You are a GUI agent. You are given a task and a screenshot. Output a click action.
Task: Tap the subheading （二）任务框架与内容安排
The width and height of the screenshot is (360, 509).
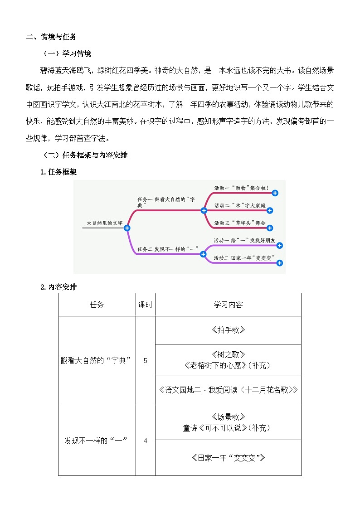85,155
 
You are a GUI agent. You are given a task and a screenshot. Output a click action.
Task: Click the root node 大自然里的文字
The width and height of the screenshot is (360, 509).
104,223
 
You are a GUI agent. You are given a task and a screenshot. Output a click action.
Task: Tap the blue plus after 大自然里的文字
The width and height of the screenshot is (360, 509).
127,228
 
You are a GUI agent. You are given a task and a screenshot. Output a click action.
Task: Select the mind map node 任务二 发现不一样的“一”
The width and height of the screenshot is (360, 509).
168,248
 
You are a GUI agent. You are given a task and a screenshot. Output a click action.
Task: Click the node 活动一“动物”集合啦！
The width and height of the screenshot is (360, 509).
241,188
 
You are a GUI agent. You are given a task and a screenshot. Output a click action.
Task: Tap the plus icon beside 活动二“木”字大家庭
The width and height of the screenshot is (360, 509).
270,210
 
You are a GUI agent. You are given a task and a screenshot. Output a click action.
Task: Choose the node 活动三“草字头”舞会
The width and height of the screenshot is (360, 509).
240,223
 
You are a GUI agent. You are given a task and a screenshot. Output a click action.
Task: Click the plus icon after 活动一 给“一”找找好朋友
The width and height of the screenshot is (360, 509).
279,245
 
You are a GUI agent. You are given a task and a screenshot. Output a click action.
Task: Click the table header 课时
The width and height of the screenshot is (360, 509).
145,305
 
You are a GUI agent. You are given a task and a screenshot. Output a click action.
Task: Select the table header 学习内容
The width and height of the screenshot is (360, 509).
228,305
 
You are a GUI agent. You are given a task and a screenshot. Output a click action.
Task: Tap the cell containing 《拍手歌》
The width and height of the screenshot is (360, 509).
228,330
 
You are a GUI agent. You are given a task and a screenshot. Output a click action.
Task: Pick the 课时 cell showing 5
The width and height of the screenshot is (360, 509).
145,360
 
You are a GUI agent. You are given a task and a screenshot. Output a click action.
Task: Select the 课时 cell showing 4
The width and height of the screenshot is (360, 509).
145,440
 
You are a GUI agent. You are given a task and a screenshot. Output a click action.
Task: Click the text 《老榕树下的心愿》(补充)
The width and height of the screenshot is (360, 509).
228,364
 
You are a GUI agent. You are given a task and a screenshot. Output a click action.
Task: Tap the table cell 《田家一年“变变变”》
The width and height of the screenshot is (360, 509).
228,457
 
